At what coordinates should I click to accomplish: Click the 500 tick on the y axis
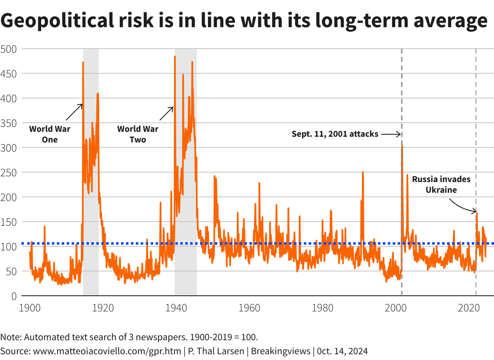coord(8,49)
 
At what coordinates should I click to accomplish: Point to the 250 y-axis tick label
coord(8,173)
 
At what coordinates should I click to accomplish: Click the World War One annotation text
coord(49,134)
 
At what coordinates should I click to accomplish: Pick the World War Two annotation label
coord(137,134)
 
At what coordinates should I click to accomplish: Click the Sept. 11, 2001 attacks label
coord(335,134)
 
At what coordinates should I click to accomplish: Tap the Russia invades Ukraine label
coord(441,185)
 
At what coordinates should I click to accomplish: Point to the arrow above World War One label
coord(74,111)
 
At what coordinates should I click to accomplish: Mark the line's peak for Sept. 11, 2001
coord(402,146)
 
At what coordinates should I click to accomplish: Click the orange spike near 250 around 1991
coord(363,172)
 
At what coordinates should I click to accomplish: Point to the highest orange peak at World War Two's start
coord(175,57)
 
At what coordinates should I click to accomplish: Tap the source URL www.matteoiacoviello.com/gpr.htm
coord(107,351)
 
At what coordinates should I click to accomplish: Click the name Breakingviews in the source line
coord(280,351)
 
